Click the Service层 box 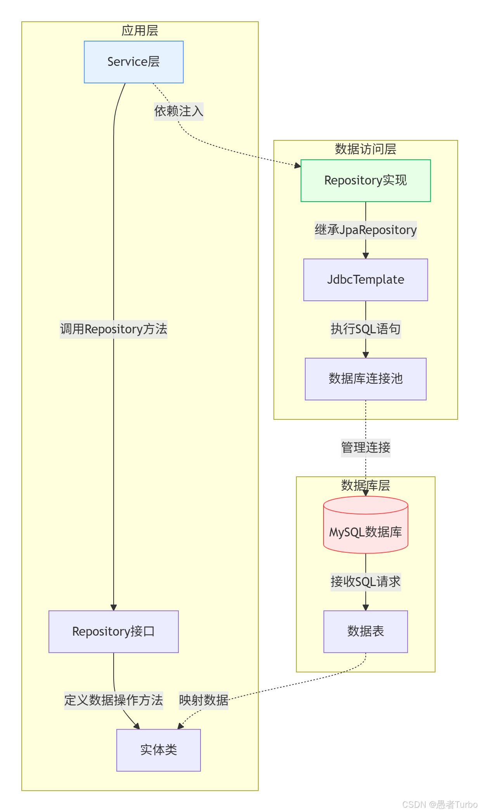tap(133, 62)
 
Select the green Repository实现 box tap(365, 181)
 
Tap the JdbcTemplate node tap(365, 280)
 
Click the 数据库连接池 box tap(365, 379)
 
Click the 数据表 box tap(365, 631)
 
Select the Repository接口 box tap(113, 632)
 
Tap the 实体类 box tap(158, 750)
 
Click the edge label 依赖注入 tap(178, 112)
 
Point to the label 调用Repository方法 tap(113, 329)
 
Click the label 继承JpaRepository tap(365, 230)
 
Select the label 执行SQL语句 tap(365, 329)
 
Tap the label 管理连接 tap(365, 448)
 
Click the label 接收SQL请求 tap(365, 582)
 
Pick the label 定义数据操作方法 tap(113, 700)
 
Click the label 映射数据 tap(203, 700)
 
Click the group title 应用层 tap(140, 31)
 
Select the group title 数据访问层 tap(365, 149)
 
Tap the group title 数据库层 tap(365, 486)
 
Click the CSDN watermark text tap(439, 805)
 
